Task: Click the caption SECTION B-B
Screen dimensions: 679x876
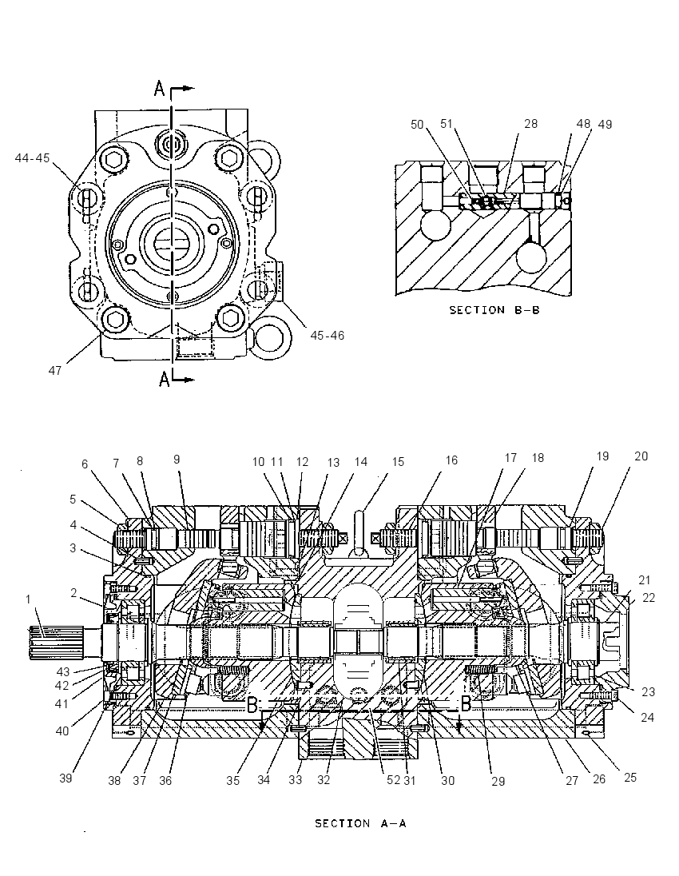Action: pyautogui.click(x=494, y=309)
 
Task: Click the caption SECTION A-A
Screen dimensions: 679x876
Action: pyautogui.click(x=361, y=823)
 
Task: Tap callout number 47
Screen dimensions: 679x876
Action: pyautogui.click(x=55, y=370)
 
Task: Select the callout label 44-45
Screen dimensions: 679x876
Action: pyautogui.click(x=33, y=158)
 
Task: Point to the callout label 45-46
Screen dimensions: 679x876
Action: pyautogui.click(x=328, y=335)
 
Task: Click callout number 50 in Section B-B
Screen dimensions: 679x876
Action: pyautogui.click(x=418, y=125)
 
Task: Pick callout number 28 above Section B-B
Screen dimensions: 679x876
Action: pyautogui.click(x=530, y=123)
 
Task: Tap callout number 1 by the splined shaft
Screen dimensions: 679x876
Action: pyautogui.click(x=28, y=600)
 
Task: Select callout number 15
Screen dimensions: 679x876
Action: pyautogui.click(x=398, y=462)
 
